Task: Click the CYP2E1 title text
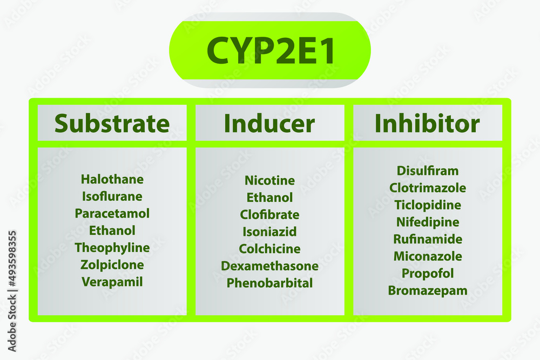(x=271, y=51)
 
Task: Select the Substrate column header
(x=112, y=124)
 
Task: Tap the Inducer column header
(x=269, y=124)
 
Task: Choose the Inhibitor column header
(x=427, y=124)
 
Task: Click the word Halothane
(x=112, y=179)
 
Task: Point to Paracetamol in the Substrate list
(x=112, y=213)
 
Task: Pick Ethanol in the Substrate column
(x=112, y=230)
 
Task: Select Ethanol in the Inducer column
(x=269, y=198)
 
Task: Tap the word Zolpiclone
(x=112, y=264)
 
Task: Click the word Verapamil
(x=112, y=282)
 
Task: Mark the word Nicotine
(x=269, y=180)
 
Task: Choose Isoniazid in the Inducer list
(x=269, y=232)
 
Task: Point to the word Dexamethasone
(x=269, y=266)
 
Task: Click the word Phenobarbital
(x=269, y=283)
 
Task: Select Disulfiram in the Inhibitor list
(x=428, y=171)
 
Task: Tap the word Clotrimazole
(x=428, y=188)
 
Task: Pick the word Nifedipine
(x=428, y=222)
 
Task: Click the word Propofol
(x=428, y=273)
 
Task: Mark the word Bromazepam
(x=428, y=290)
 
